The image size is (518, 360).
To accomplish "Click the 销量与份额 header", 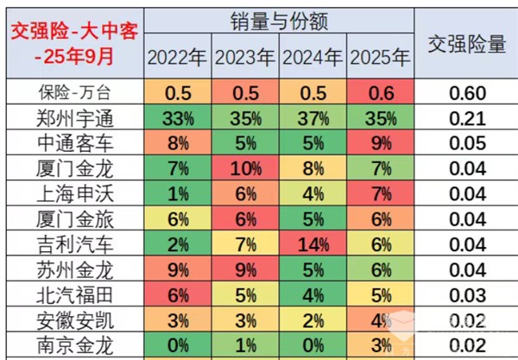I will (279, 20).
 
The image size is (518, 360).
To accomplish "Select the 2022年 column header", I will (176, 58).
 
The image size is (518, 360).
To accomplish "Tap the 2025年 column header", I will (380, 58).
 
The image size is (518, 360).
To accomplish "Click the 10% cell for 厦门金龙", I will (244, 167).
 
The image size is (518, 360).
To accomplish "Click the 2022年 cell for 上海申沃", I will (176, 192).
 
